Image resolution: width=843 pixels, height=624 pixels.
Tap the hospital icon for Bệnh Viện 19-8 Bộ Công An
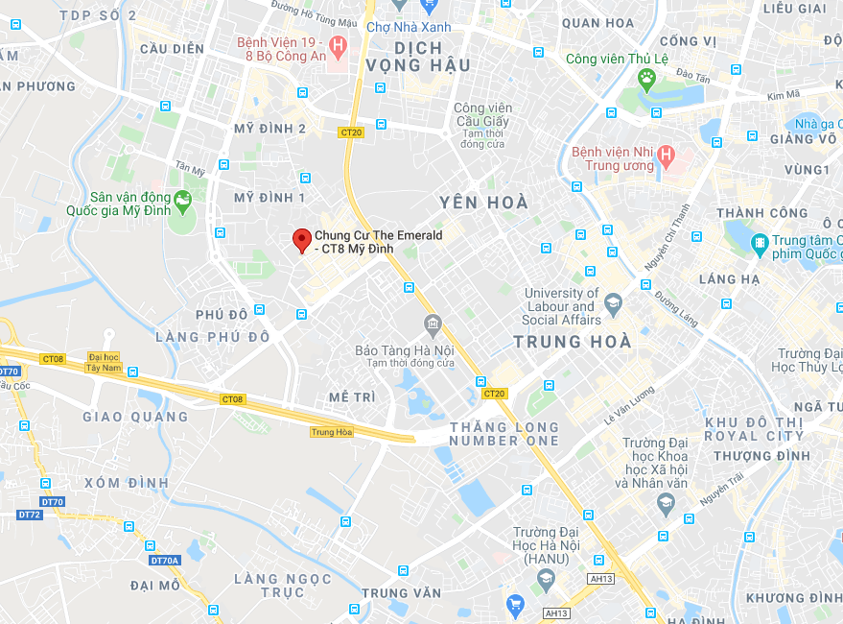pos(337,44)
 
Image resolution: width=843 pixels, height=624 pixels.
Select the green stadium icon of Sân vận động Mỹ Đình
pos(182,199)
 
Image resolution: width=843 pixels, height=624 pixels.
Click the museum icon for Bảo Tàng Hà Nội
pos(432,324)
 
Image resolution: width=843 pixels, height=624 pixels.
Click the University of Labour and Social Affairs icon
pos(614,304)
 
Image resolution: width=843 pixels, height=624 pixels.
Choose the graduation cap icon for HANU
pos(546,579)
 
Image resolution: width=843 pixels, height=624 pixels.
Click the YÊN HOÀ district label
pos(483,203)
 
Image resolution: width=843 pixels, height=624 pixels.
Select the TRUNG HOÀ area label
pos(573,342)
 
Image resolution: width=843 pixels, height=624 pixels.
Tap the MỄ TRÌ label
pos(352,396)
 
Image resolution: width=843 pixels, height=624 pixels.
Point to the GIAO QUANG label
pos(135,417)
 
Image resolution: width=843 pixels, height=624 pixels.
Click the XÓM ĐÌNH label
pos(126,482)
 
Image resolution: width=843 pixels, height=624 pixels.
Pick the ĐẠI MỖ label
pos(155,585)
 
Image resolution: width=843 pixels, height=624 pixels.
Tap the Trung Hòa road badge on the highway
pos(332,432)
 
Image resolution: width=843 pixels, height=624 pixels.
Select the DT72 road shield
pos(30,515)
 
